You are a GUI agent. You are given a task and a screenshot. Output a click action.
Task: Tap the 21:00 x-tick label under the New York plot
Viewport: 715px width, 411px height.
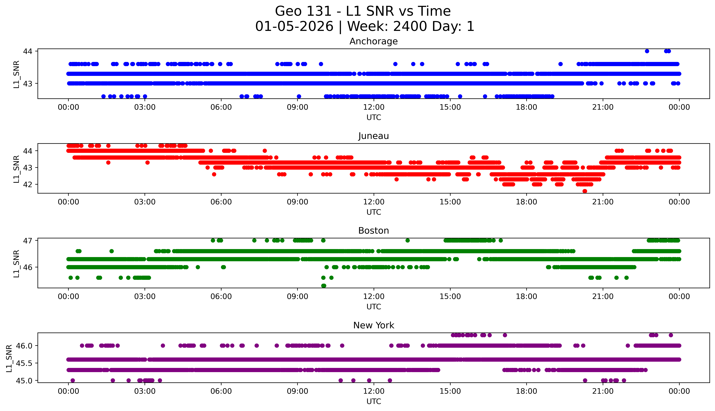603,391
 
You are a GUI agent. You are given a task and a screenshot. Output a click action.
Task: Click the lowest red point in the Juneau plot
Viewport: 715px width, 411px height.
585,191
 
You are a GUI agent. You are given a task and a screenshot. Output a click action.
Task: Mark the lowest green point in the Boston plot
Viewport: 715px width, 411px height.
324,286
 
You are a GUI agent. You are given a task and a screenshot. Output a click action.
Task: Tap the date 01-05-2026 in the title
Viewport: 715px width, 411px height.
294,27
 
